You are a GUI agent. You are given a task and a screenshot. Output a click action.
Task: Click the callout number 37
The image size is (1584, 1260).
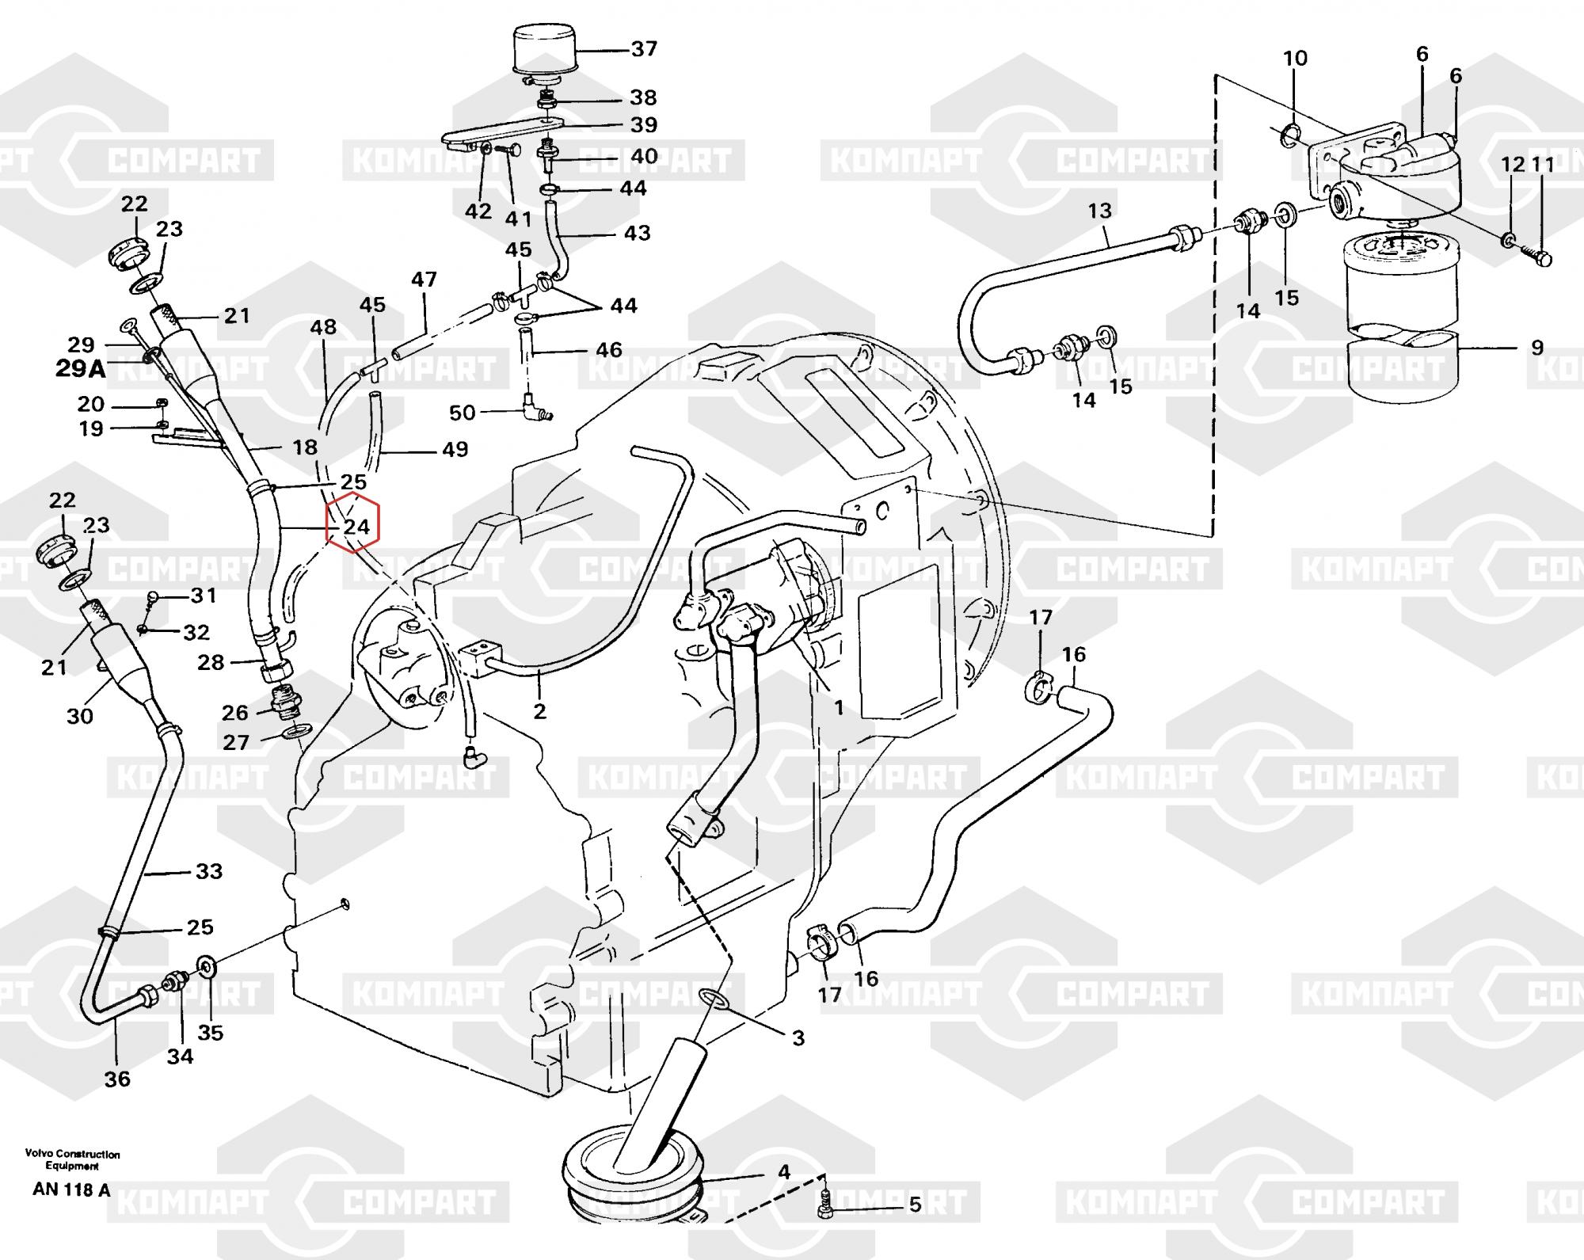coord(644,49)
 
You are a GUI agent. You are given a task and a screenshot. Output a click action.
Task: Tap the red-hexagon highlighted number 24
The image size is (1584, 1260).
coord(356,527)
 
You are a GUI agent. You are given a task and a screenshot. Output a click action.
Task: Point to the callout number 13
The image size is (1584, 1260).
coord(1099,211)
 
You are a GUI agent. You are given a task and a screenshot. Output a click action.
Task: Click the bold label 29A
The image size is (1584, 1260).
coord(80,369)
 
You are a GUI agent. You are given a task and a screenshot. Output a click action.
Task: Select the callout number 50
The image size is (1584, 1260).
coord(463,413)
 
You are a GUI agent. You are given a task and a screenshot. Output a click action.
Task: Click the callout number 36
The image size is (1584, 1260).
coord(117,1079)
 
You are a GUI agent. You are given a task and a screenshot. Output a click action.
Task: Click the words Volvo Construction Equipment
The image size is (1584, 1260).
coord(72,1160)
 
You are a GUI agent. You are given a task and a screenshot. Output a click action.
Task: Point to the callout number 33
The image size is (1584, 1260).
coord(209,871)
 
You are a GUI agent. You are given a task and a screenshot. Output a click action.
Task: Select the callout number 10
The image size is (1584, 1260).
coord(1296,58)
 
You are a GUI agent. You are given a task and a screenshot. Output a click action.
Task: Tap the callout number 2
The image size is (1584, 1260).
coord(540,711)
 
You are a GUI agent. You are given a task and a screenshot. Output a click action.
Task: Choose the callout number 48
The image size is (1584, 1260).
coord(323,327)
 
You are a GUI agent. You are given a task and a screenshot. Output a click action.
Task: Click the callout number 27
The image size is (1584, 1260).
coord(237,742)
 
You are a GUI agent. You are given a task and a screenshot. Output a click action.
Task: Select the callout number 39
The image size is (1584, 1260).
coord(644,124)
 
